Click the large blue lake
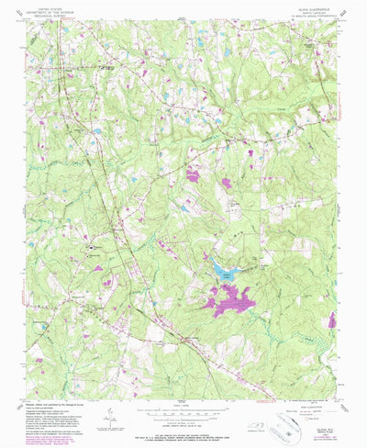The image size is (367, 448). (223, 270)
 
